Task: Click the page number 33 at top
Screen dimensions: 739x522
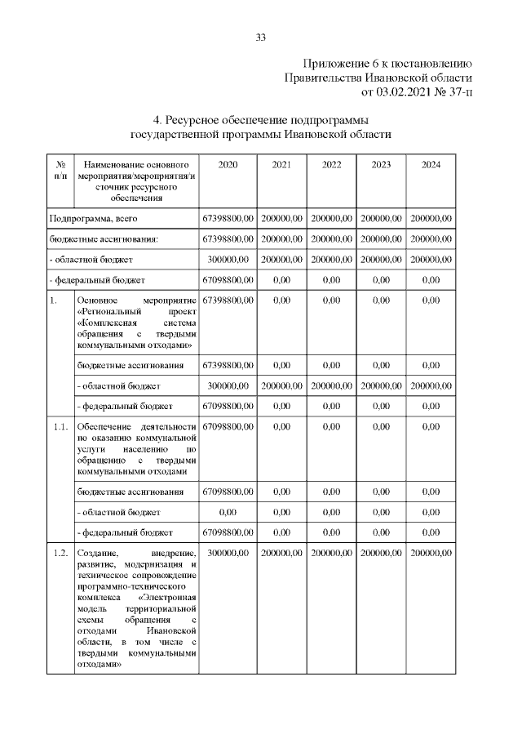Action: pyautogui.click(x=261, y=37)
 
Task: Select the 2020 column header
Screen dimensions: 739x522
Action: pyautogui.click(x=228, y=165)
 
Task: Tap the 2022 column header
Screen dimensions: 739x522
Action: pyautogui.click(x=331, y=165)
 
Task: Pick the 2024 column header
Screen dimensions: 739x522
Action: pyautogui.click(x=431, y=165)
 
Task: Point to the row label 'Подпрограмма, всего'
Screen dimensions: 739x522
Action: pyautogui.click(x=91, y=218)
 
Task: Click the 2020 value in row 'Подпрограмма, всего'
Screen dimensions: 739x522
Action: pyautogui.click(x=228, y=218)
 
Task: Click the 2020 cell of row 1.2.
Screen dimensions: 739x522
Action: pyautogui.click(x=228, y=553)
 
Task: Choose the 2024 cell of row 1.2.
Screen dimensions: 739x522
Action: pyautogui.click(x=431, y=553)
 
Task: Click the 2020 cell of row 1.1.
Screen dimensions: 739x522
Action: pyautogui.click(x=228, y=427)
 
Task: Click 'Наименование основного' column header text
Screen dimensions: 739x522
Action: pyautogui.click(x=135, y=165)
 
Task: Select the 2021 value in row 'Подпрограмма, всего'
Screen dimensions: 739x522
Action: pyautogui.click(x=281, y=218)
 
